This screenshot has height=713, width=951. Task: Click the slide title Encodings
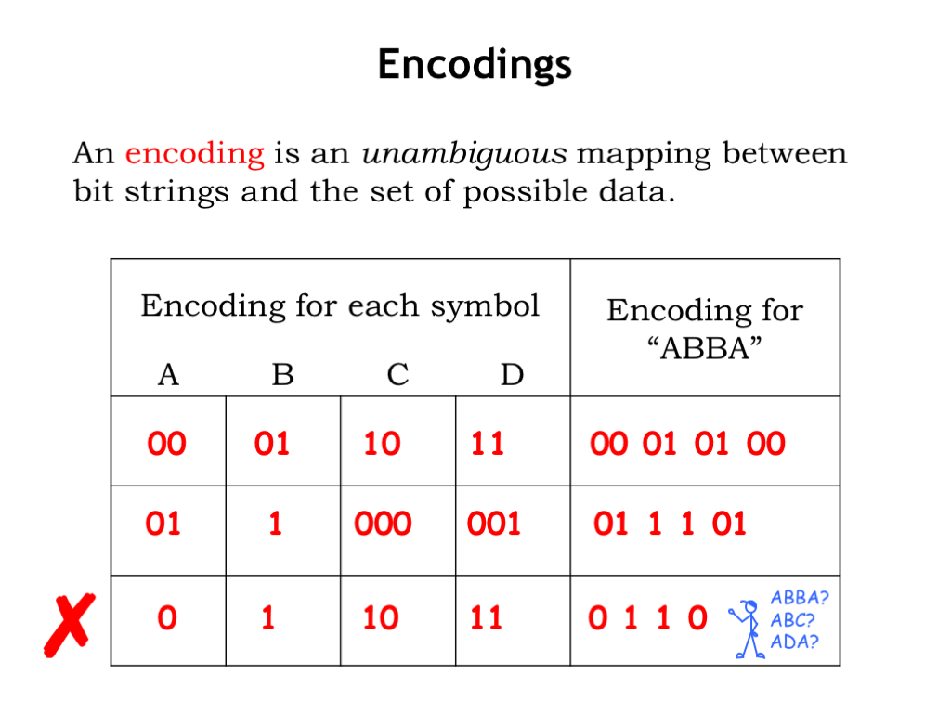click(475, 64)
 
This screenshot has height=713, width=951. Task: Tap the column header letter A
click(169, 375)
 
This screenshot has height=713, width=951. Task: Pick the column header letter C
click(397, 375)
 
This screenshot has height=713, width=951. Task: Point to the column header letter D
click(512, 375)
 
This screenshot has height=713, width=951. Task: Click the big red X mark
click(70, 625)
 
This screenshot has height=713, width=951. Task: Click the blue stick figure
click(748, 629)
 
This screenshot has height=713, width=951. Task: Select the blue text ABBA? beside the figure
click(800, 598)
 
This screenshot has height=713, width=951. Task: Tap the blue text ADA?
click(795, 642)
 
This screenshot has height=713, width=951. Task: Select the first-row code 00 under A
click(167, 443)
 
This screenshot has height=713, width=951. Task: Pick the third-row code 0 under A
click(167, 617)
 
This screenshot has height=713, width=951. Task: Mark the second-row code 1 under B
click(275, 524)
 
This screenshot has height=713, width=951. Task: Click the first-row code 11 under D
click(488, 443)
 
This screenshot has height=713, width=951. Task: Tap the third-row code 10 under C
click(381, 617)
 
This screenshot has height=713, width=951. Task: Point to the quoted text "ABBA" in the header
click(705, 349)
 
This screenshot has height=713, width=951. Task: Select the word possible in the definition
click(527, 193)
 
